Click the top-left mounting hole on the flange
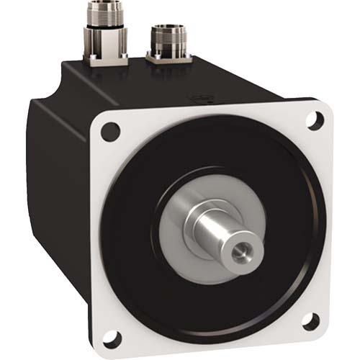109,131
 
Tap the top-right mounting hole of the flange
314,120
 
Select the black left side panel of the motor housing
58,180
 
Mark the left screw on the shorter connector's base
148,57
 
